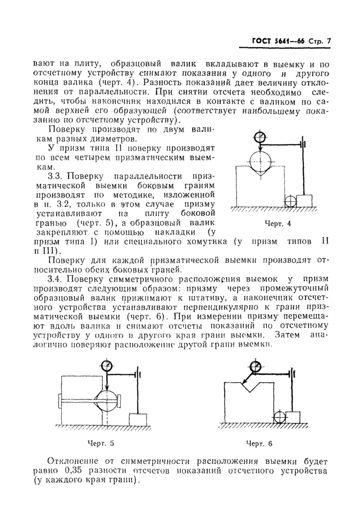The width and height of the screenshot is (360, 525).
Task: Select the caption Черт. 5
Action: tap(101, 442)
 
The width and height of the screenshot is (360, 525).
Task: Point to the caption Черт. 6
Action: tap(259, 443)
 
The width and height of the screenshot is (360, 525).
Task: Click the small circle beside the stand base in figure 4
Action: tap(290, 202)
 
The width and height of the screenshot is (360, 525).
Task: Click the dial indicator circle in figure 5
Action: tap(107, 366)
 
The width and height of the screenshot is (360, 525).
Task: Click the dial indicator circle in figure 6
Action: tap(255, 366)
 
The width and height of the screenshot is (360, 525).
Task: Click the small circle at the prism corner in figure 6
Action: tap(280, 417)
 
